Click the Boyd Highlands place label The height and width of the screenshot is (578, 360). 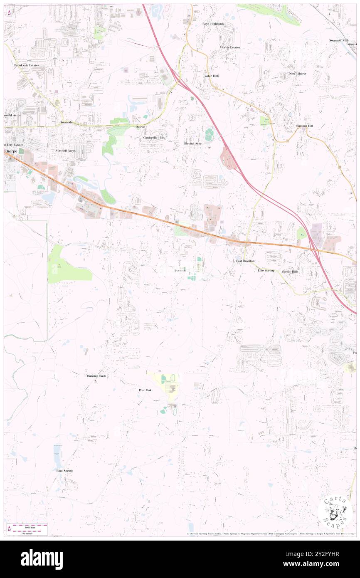pyautogui.click(x=213, y=24)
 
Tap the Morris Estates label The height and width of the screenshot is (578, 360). pyautogui.click(x=229, y=47)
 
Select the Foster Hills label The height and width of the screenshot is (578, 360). pyautogui.click(x=211, y=76)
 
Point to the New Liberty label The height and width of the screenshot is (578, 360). pyautogui.click(x=298, y=74)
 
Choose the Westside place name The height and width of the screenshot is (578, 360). pyautogui.click(x=67, y=123)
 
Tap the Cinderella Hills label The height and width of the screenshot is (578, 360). pyautogui.click(x=154, y=137)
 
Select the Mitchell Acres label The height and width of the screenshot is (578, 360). pyautogui.click(x=66, y=150)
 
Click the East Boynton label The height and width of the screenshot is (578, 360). pyautogui.click(x=245, y=261)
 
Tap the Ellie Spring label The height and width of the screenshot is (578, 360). pyautogui.click(x=266, y=271)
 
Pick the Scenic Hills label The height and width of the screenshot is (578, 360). pyautogui.click(x=290, y=272)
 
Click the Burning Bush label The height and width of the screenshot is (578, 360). pyautogui.click(x=96, y=376)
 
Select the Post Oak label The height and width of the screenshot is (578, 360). pyautogui.click(x=145, y=390)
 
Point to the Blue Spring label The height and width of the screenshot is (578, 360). pyautogui.click(x=64, y=471)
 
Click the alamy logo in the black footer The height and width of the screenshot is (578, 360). pyautogui.click(x=42, y=559)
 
